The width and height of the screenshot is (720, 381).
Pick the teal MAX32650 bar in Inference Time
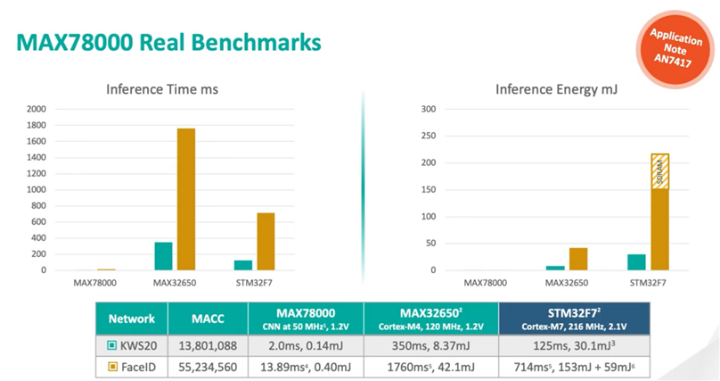click(x=163, y=255)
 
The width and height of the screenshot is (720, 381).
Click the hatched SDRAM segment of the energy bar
click(x=659, y=171)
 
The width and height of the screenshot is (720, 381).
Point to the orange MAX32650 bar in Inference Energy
click(x=577, y=259)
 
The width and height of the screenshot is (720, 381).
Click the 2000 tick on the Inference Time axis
click(x=37, y=109)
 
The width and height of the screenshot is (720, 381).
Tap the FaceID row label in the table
click(x=131, y=365)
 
